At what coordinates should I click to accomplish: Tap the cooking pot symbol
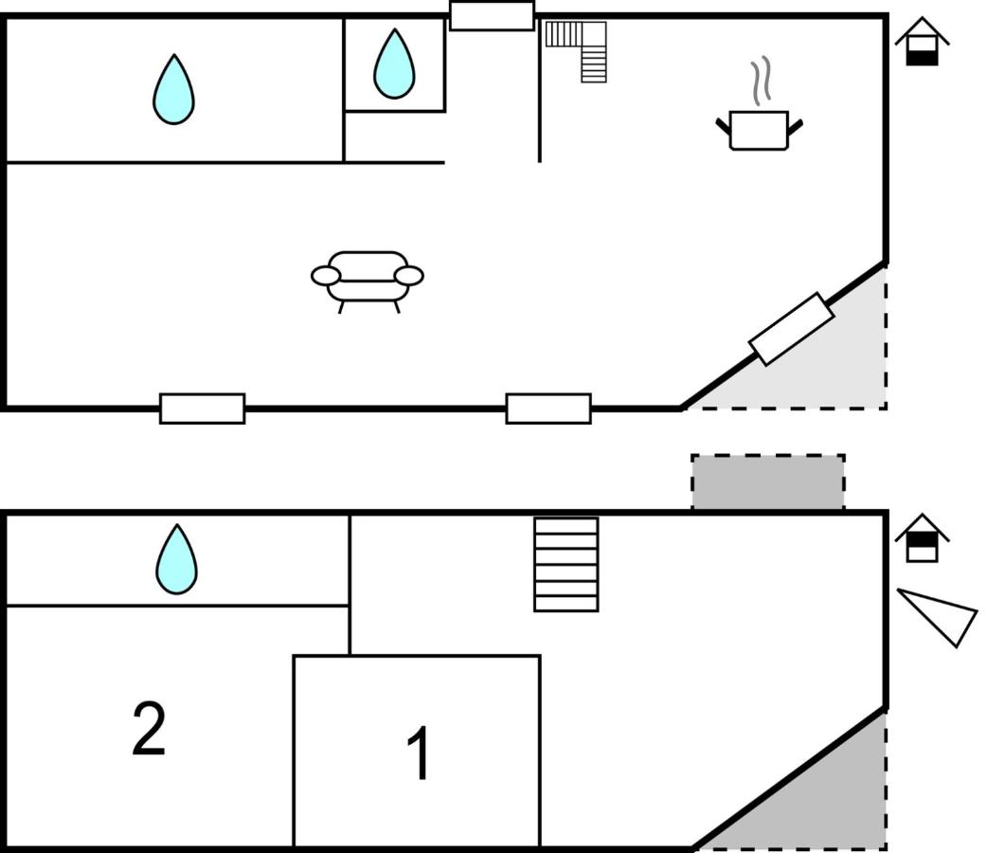[759, 130]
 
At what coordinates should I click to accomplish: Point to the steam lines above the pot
[762, 82]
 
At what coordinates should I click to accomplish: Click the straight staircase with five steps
[565, 564]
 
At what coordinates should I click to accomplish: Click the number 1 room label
[419, 753]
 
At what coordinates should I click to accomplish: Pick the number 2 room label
[149, 729]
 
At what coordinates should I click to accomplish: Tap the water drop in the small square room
[394, 64]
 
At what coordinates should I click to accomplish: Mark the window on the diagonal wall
[791, 329]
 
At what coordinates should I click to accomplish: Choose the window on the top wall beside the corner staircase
[492, 16]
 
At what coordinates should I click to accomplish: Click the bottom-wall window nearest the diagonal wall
[548, 408]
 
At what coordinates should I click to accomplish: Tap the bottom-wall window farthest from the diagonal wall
[202, 408]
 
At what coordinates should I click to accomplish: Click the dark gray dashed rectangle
[767, 482]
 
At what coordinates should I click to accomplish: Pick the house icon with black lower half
[922, 44]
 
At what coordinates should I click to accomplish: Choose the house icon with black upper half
[922, 539]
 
